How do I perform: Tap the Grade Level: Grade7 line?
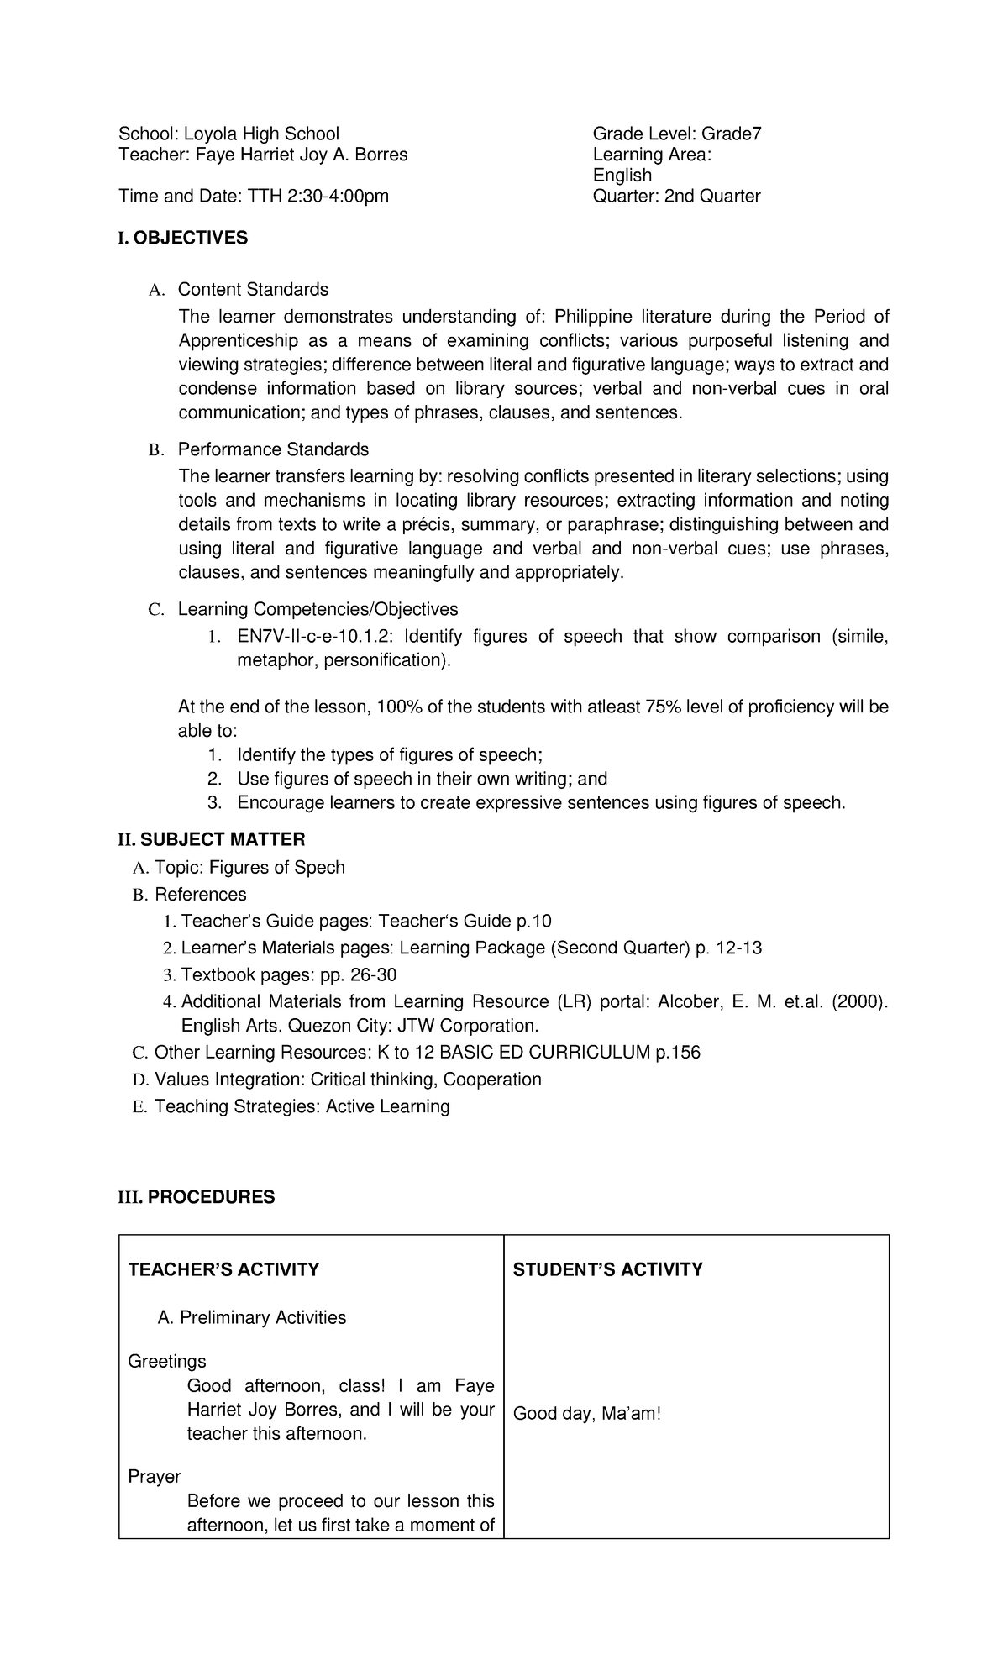[x=676, y=134]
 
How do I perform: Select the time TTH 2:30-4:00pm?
[x=318, y=196]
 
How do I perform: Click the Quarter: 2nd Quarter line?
[x=676, y=196]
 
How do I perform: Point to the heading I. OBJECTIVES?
[x=183, y=238]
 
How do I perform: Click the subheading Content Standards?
[x=253, y=289]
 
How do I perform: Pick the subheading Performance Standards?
[x=273, y=449]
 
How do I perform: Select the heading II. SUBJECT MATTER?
[x=211, y=839]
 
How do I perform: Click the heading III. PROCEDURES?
[x=197, y=1196]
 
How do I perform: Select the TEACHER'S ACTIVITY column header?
[x=223, y=1269]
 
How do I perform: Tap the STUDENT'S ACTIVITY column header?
[x=607, y=1269]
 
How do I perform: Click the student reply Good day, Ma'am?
[x=587, y=1414]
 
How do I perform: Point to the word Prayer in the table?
[x=155, y=1476]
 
